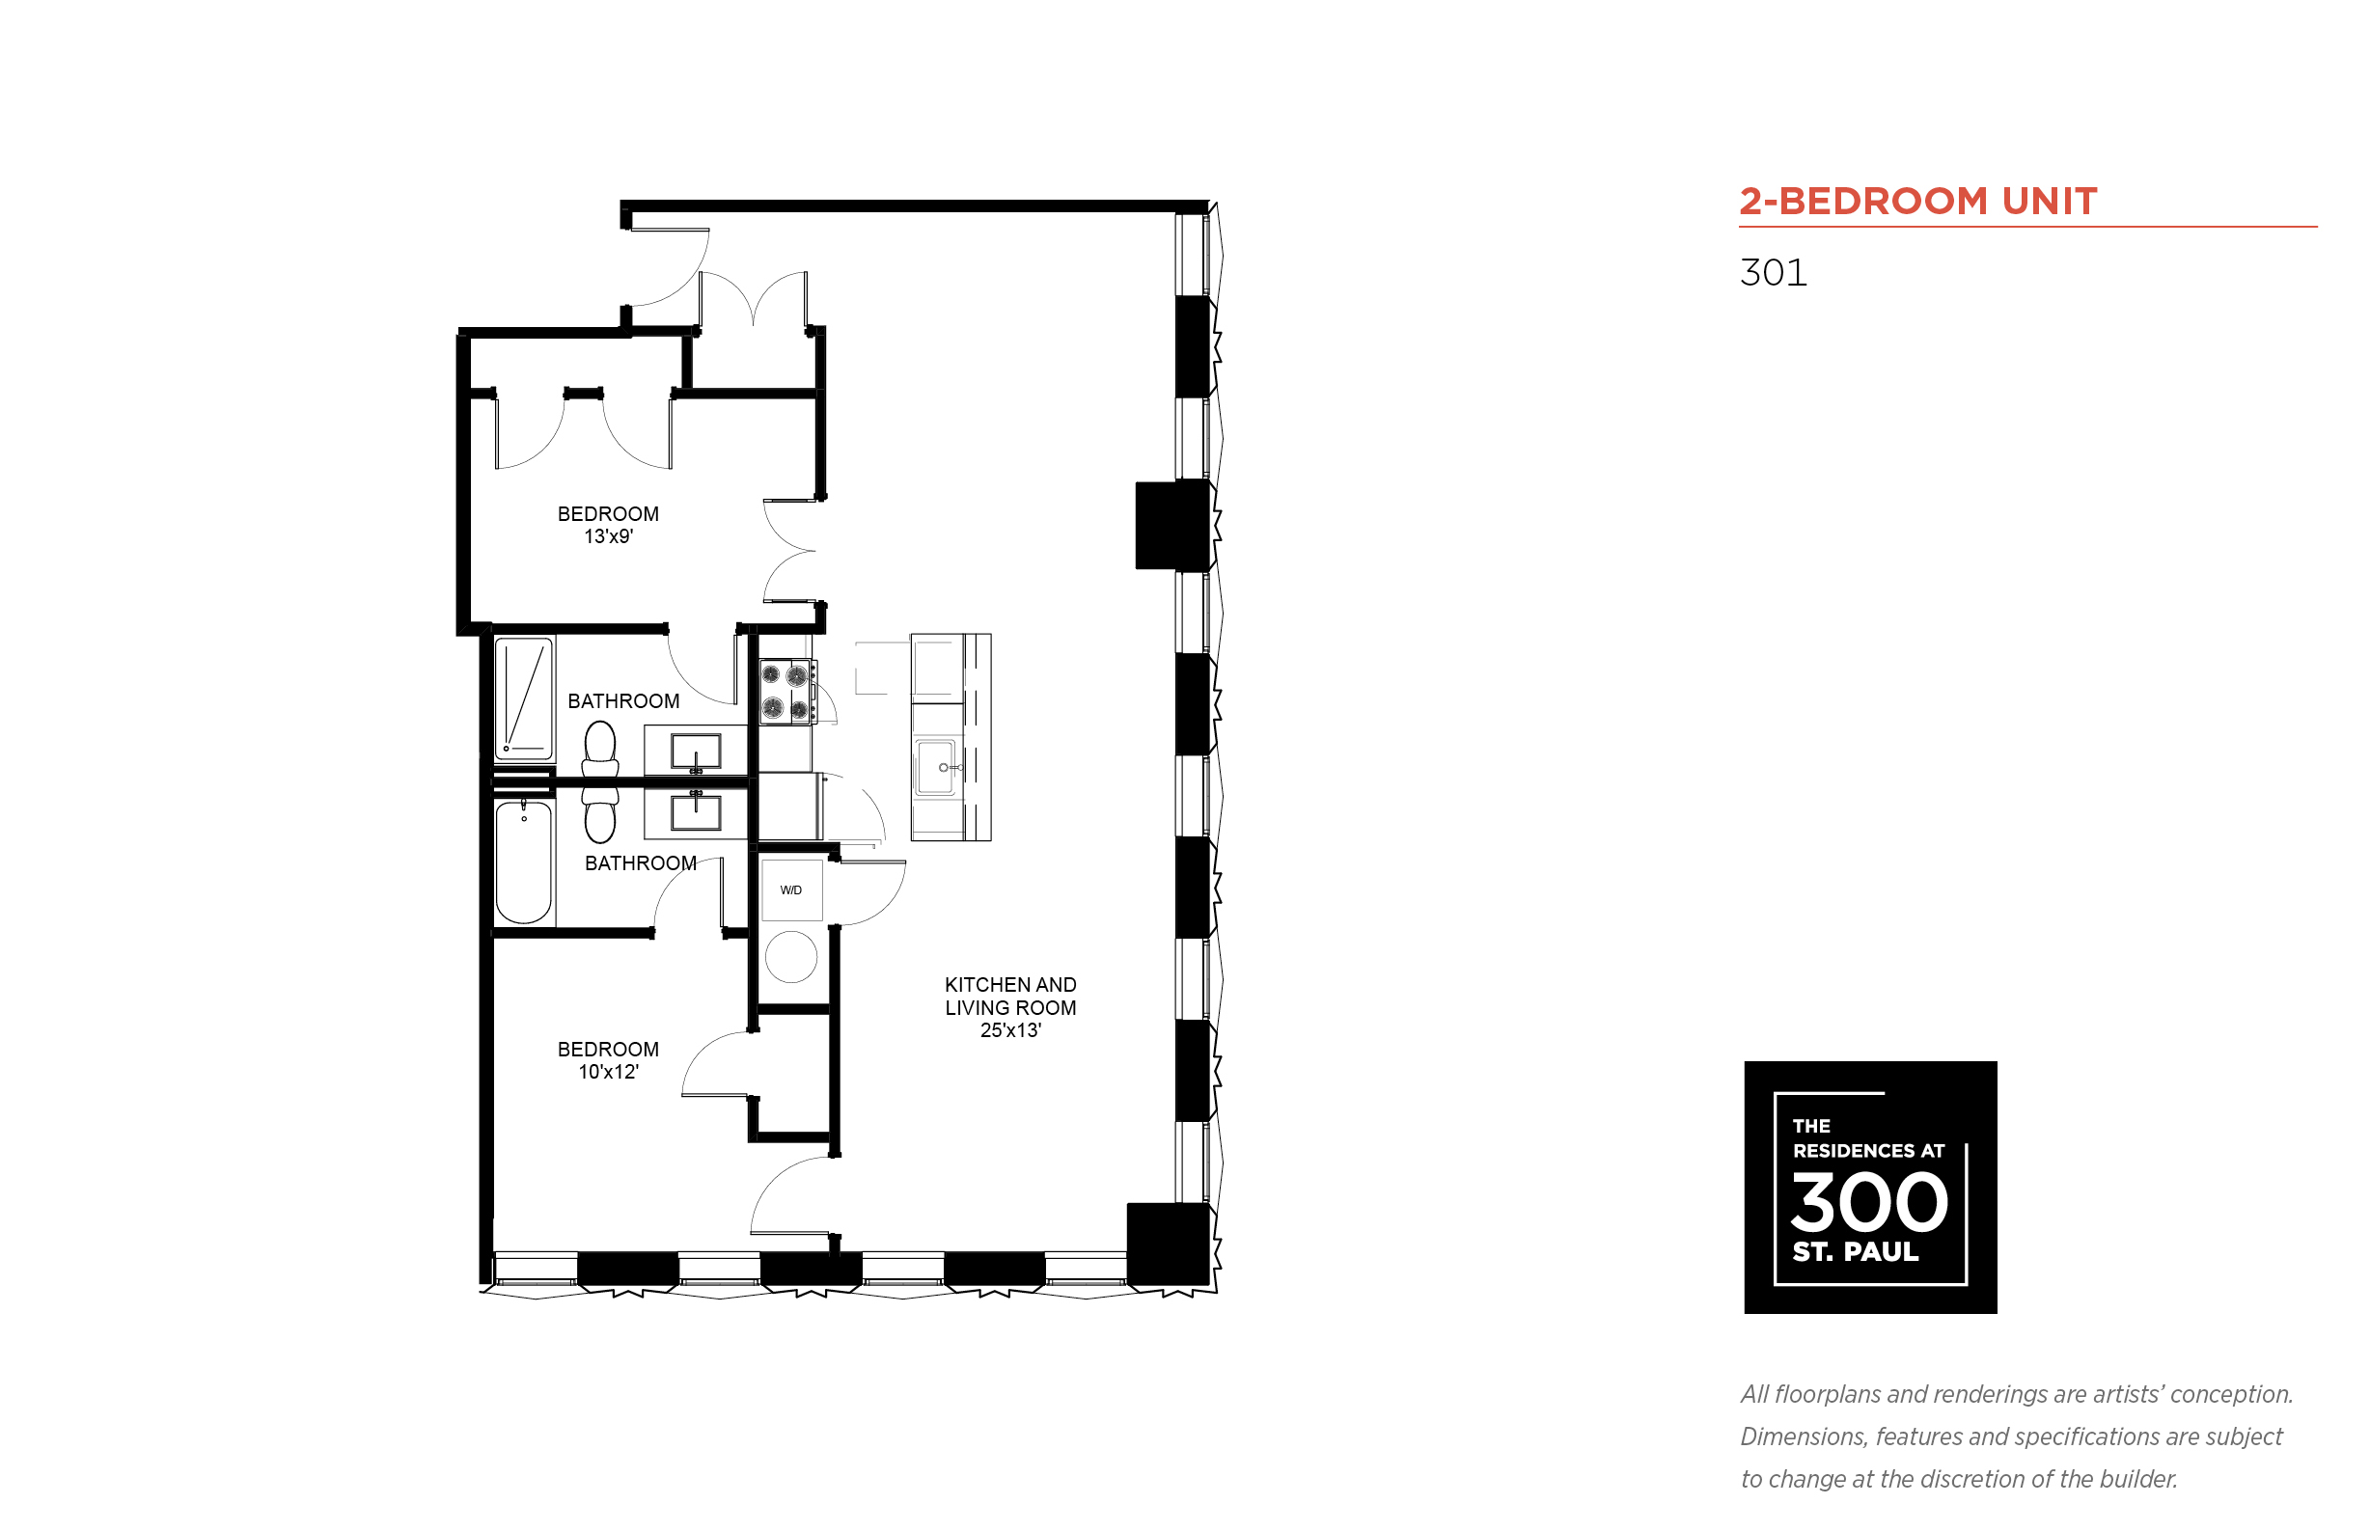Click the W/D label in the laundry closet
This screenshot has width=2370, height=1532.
[791, 890]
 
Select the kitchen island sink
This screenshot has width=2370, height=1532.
[936, 767]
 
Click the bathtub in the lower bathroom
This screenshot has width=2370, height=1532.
[523, 862]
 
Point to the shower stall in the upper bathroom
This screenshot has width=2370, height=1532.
[524, 698]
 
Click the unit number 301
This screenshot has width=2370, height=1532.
[1773, 273]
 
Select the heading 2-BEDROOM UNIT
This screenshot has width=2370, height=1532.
[1918, 201]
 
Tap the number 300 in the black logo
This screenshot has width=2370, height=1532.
[1868, 1202]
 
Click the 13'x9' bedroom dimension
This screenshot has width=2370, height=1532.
[608, 536]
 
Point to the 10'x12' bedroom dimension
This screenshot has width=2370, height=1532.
[608, 1072]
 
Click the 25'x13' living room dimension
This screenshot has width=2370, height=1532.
[1010, 1030]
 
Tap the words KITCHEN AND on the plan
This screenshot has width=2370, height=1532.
[1010, 985]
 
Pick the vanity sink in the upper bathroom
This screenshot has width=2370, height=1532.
[696, 752]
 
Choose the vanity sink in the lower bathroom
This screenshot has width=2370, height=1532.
[696, 809]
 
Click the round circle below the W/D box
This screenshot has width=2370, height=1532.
[791, 957]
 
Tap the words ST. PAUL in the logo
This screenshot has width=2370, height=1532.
[1856, 1251]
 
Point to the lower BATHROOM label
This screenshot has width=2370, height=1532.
[641, 863]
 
